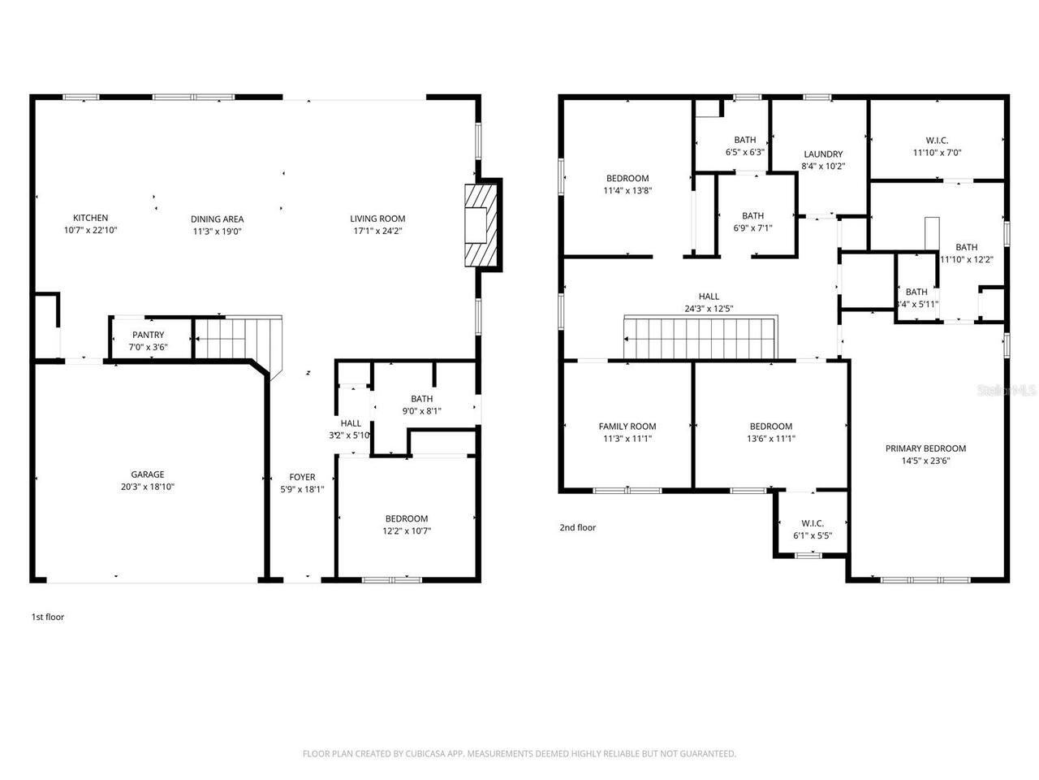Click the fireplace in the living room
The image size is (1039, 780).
pyautogui.click(x=480, y=226)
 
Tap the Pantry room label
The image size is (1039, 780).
pyautogui.click(x=148, y=335)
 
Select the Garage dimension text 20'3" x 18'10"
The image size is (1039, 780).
pyautogui.click(x=148, y=487)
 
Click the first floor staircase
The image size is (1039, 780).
pyautogui.click(x=236, y=338)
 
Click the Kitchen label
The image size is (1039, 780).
pyautogui.click(x=90, y=218)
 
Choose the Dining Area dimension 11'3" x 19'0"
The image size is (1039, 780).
pyautogui.click(x=217, y=232)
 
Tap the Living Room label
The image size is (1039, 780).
pyautogui.click(x=377, y=218)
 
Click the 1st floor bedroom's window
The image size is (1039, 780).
pyautogui.click(x=391, y=579)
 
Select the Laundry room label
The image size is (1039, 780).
pyautogui.click(x=823, y=154)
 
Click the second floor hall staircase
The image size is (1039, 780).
pyautogui.click(x=700, y=338)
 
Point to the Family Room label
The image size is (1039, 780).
pyautogui.click(x=627, y=427)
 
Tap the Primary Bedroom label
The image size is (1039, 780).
pyautogui.click(x=925, y=448)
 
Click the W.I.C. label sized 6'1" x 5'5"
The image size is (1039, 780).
pyautogui.click(x=813, y=523)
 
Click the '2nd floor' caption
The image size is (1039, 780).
pyautogui.click(x=577, y=528)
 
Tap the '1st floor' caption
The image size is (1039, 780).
pyautogui.click(x=47, y=617)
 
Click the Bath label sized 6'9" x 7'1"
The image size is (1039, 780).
pyautogui.click(x=752, y=216)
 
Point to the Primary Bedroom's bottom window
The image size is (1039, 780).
pyautogui.click(x=925, y=579)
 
